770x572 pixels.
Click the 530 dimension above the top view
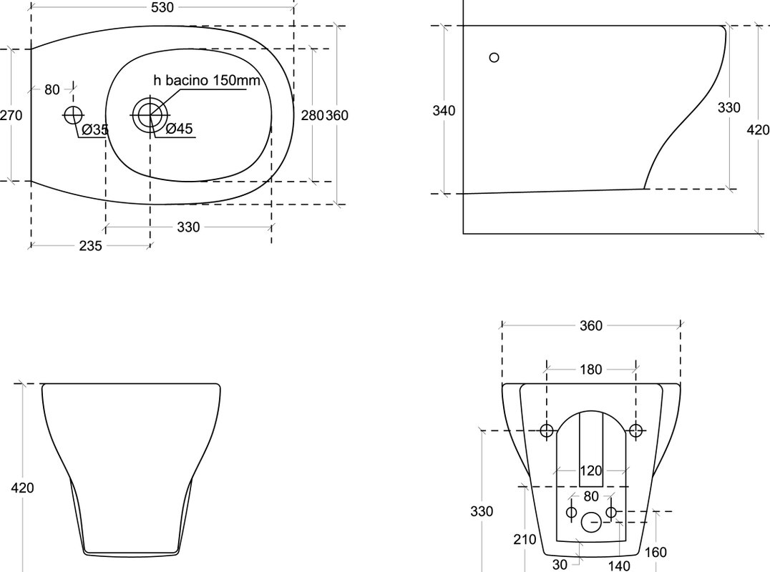click(162, 7)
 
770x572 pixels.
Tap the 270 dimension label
click(11, 116)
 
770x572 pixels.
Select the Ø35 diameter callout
click(94, 129)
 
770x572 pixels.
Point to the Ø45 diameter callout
click(179, 129)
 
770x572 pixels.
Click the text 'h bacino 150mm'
click(207, 80)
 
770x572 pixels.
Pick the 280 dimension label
click(312, 115)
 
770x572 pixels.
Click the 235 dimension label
click(90, 245)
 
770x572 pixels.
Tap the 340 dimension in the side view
click(444, 110)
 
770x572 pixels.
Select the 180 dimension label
click(591, 370)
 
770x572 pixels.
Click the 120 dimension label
click(591, 471)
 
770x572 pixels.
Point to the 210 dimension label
click(525, 540)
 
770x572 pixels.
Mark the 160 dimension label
click(655, 553)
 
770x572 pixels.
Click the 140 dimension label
click(618, 566)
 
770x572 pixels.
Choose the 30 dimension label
click(560, 565)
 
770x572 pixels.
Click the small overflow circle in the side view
click(494, 57)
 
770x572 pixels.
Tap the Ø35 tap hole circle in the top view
click(73, 115)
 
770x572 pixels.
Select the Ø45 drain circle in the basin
click(150, 115)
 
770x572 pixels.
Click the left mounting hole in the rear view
click(547, 430)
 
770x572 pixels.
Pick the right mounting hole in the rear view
click(636, 430)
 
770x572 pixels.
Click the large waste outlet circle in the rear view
click(591, 523)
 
